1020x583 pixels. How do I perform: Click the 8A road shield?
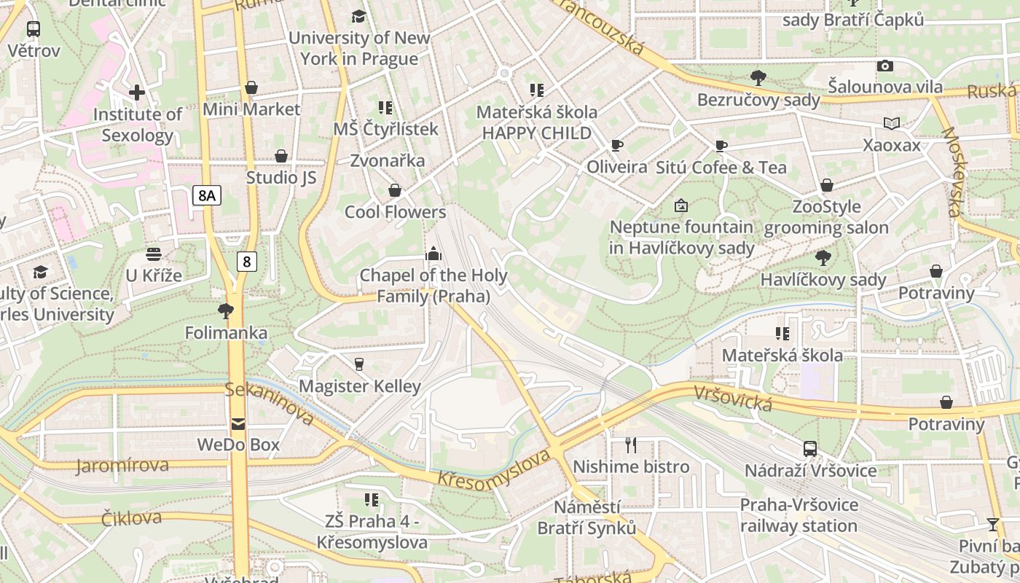(207, 195)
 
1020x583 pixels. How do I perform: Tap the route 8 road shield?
(247, 261)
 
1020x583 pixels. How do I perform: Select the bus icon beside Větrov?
(34, 30)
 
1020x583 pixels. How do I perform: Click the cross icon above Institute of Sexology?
(137, 93)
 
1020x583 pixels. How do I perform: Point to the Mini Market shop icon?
(251, 88)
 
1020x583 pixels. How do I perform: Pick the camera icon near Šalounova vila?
(885, 66)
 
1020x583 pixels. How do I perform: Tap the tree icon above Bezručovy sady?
(758, 77)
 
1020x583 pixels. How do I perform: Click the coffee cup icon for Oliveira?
(617, 146)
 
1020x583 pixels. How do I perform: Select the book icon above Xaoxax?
(892, 123)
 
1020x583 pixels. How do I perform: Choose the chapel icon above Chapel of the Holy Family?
(433, 254)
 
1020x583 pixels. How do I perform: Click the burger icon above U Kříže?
(154, 254)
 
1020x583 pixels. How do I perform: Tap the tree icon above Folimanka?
(226, 311)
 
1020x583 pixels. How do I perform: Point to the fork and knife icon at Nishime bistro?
(631, 445)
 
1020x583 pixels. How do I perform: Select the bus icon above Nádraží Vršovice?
(810, 449)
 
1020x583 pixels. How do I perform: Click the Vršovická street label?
(732, 399)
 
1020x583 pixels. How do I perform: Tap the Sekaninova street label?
(270, 403)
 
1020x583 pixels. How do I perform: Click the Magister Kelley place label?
(360, 386)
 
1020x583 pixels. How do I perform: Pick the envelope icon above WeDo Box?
(238, 423)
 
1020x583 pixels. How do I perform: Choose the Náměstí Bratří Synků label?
(586, 517)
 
